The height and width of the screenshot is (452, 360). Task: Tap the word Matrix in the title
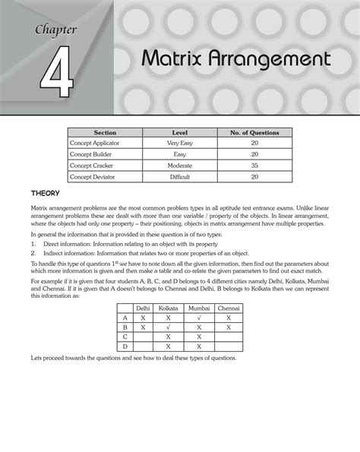click(x=172, y=59)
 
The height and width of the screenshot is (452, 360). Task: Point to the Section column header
click(x=104, y=133)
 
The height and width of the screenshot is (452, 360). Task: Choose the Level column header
click(x=180, y=133)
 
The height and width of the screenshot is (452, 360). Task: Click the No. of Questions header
click(x=254, y=133)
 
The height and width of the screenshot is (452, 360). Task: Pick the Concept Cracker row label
click(x=94, y=165)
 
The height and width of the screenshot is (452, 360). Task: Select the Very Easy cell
click(x=180, y=143)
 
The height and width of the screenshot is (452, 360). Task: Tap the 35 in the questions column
click(x=254, y=165)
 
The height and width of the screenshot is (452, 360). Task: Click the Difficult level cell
click(x=180, y=176)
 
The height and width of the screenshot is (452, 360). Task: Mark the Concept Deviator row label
click(x=95, y=176)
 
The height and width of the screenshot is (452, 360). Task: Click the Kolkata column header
click(x=168, y=308)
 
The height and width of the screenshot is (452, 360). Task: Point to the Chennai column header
click(x=229, y=308)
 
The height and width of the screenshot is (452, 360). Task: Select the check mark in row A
click(x=199, y=318)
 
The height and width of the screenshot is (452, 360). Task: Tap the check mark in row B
click(x=168, y=327)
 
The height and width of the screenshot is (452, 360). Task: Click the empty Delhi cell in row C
click(x=142, y=336)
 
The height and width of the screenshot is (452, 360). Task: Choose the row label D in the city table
click(x=125, y=346)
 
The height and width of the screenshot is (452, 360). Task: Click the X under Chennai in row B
click(x=229, y=327)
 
